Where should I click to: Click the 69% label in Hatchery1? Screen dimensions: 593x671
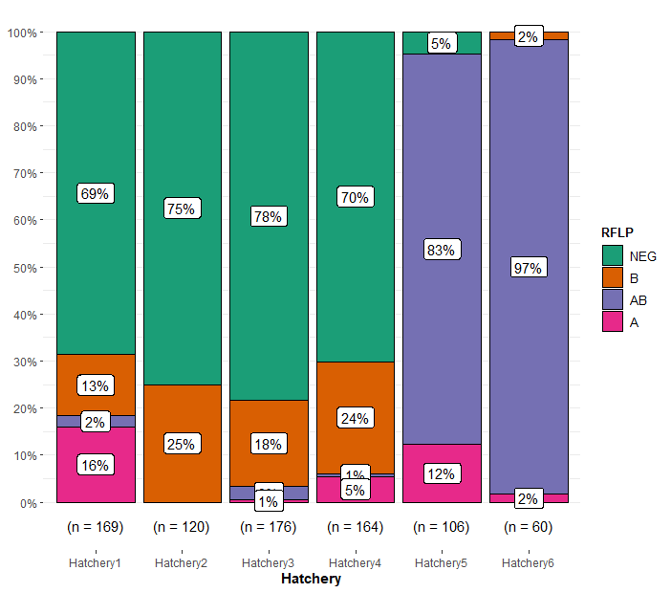pos(95,193)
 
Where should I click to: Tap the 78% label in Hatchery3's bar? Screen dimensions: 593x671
pos(268,216)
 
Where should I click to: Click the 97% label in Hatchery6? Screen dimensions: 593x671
pos(528,268)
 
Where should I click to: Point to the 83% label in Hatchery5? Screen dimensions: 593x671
pos(441,250)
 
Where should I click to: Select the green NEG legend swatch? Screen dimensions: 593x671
pos(612,255)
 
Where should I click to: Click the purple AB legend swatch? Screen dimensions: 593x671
pos(612,300)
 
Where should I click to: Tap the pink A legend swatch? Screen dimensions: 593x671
pos(612,322)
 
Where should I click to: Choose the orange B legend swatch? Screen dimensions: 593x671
pos(612,278)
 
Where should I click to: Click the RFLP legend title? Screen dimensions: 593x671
pos(617,232)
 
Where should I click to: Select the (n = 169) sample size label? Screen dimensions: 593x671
pos(95,527)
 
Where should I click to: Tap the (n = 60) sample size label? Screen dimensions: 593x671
pos(528,527)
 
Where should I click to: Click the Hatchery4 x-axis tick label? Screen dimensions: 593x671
pos(355,563)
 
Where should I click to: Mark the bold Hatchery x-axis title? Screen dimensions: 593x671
pos(311,579)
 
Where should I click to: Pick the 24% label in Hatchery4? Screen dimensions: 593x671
pos(354,418)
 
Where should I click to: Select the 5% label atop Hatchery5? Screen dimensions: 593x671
pos(441,43)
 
